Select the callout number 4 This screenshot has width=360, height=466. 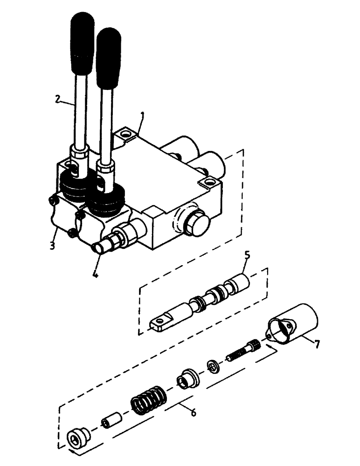pyautogui.click(x=95, y=274)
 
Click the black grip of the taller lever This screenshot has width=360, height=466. pyautogui.click(x=83, y=44)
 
